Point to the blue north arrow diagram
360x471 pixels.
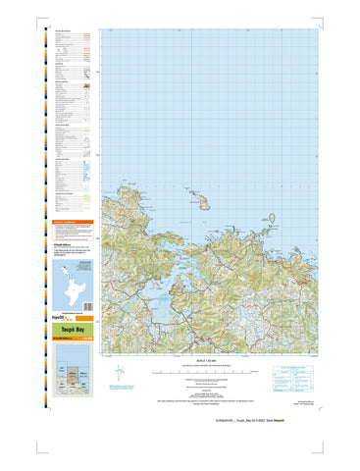pos(119,373)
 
